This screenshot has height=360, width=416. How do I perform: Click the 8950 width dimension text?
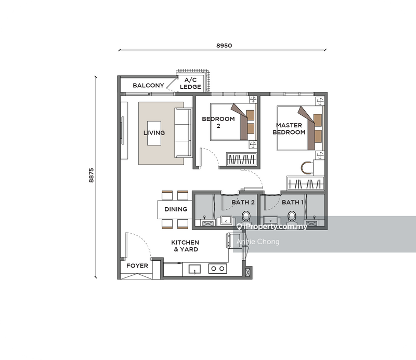click(224, 45)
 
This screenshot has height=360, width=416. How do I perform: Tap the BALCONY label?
click(148, 86)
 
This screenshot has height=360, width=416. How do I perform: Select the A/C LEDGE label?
click(190, 83)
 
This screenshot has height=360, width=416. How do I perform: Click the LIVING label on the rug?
click(154, 133)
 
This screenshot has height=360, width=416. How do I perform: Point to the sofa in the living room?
click(183, 133)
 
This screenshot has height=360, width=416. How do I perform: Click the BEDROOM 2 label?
click(218, 122)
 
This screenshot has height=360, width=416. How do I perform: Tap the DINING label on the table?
click(176, 210)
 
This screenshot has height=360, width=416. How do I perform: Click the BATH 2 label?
click(243, 202)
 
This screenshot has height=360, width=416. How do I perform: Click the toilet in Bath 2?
click(246, 216)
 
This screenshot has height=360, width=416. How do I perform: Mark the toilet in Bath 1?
click(292, 216)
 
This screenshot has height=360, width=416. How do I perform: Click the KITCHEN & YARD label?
click(185, 246)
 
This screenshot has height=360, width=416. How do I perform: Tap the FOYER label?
click(137, 266)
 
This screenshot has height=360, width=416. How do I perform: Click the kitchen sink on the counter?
click(195, 269)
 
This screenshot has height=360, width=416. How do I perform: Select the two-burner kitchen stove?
click(217, 269)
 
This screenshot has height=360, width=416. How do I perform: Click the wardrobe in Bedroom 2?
click(241, 159)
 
